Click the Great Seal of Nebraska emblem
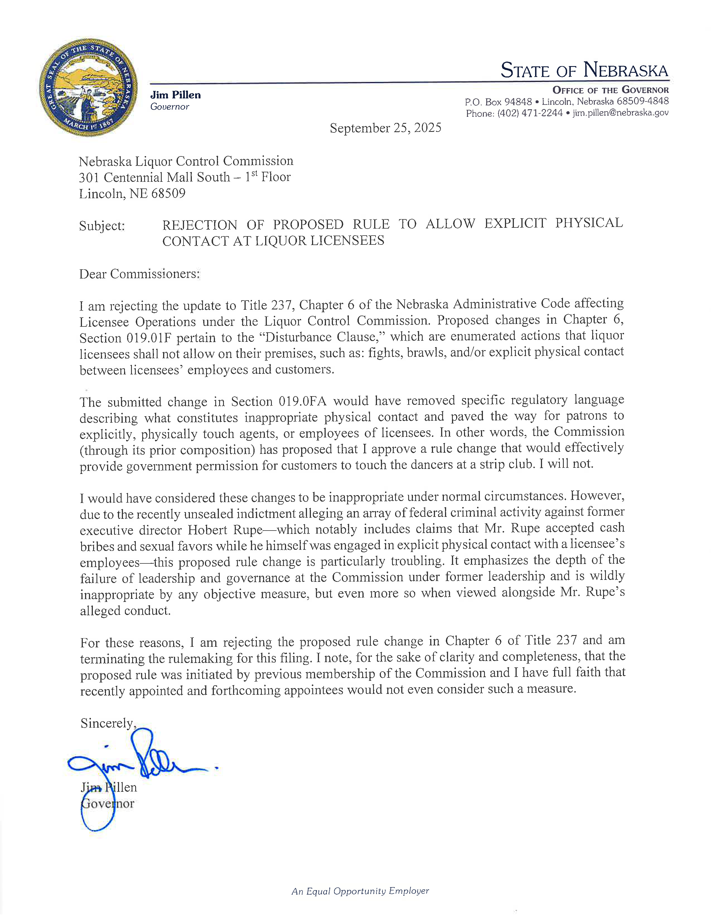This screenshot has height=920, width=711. pos(88,88)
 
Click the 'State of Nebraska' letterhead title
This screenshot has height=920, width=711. pos(584,70)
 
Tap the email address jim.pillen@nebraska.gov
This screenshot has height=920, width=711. pos(620,113)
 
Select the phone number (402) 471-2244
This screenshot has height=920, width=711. pos(530,113)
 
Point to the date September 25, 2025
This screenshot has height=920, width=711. pos(385,128)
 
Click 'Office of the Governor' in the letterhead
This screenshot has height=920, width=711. pos(610,90)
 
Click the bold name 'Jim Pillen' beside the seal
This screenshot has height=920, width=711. pos(175,95)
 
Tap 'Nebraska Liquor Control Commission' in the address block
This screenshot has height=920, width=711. pos(186,161)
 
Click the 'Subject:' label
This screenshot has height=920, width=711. pos(102,226)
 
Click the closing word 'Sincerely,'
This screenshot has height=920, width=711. pos(108,723)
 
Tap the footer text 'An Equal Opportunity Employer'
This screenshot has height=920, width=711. pos(360,891)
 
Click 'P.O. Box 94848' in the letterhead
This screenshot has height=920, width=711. pos(498,102)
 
